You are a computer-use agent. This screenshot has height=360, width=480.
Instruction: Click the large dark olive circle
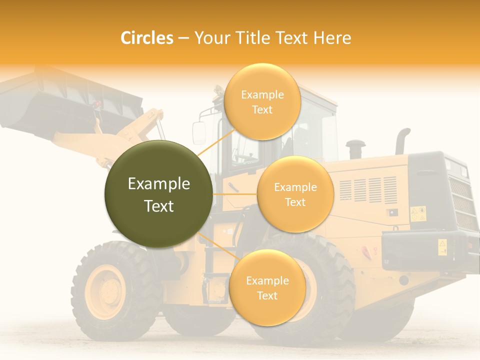pos(158,194)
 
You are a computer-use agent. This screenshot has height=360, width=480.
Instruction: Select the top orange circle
pos(262,101)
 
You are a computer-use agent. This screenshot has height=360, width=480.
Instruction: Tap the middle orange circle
pos(295,194)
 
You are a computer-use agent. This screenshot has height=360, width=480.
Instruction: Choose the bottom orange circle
pos(267,287)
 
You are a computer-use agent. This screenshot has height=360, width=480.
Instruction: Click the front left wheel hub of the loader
pos(105,291)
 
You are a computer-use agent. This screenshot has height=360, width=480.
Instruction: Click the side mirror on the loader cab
pos(199,132)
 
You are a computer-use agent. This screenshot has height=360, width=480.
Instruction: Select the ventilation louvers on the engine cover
pos(368,190)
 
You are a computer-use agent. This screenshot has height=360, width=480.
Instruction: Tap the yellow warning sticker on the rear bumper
pos(442,246)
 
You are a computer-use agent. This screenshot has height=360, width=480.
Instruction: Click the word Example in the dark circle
pos(158,184)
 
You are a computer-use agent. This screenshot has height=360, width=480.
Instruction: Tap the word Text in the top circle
pos(262,109)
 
